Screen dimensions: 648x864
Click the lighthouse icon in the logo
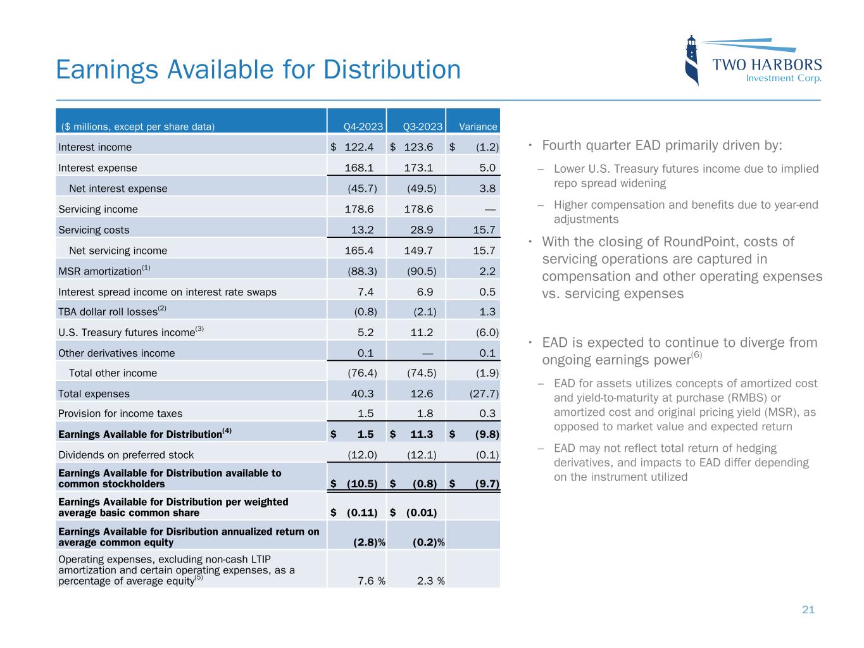[x=692, y=61]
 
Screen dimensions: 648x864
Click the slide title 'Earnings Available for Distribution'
[x=258, y=69]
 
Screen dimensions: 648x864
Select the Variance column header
[x=478, y=127]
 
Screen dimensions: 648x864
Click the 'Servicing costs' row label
[x=94, y=230]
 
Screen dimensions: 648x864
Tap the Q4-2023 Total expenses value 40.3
[x=362, y=394]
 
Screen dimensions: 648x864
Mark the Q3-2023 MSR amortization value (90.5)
[x=422, y=271]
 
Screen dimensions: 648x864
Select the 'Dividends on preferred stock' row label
[x=126, y=455]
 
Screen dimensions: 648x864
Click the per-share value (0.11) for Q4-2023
[x=362, y=513]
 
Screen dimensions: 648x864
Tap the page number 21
[x=808, y=610]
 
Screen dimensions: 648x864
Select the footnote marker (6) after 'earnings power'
[x=696, y=355]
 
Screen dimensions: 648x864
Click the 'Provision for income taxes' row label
[x=120, y=414]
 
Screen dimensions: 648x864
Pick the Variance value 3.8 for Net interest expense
[x=487, y=189]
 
